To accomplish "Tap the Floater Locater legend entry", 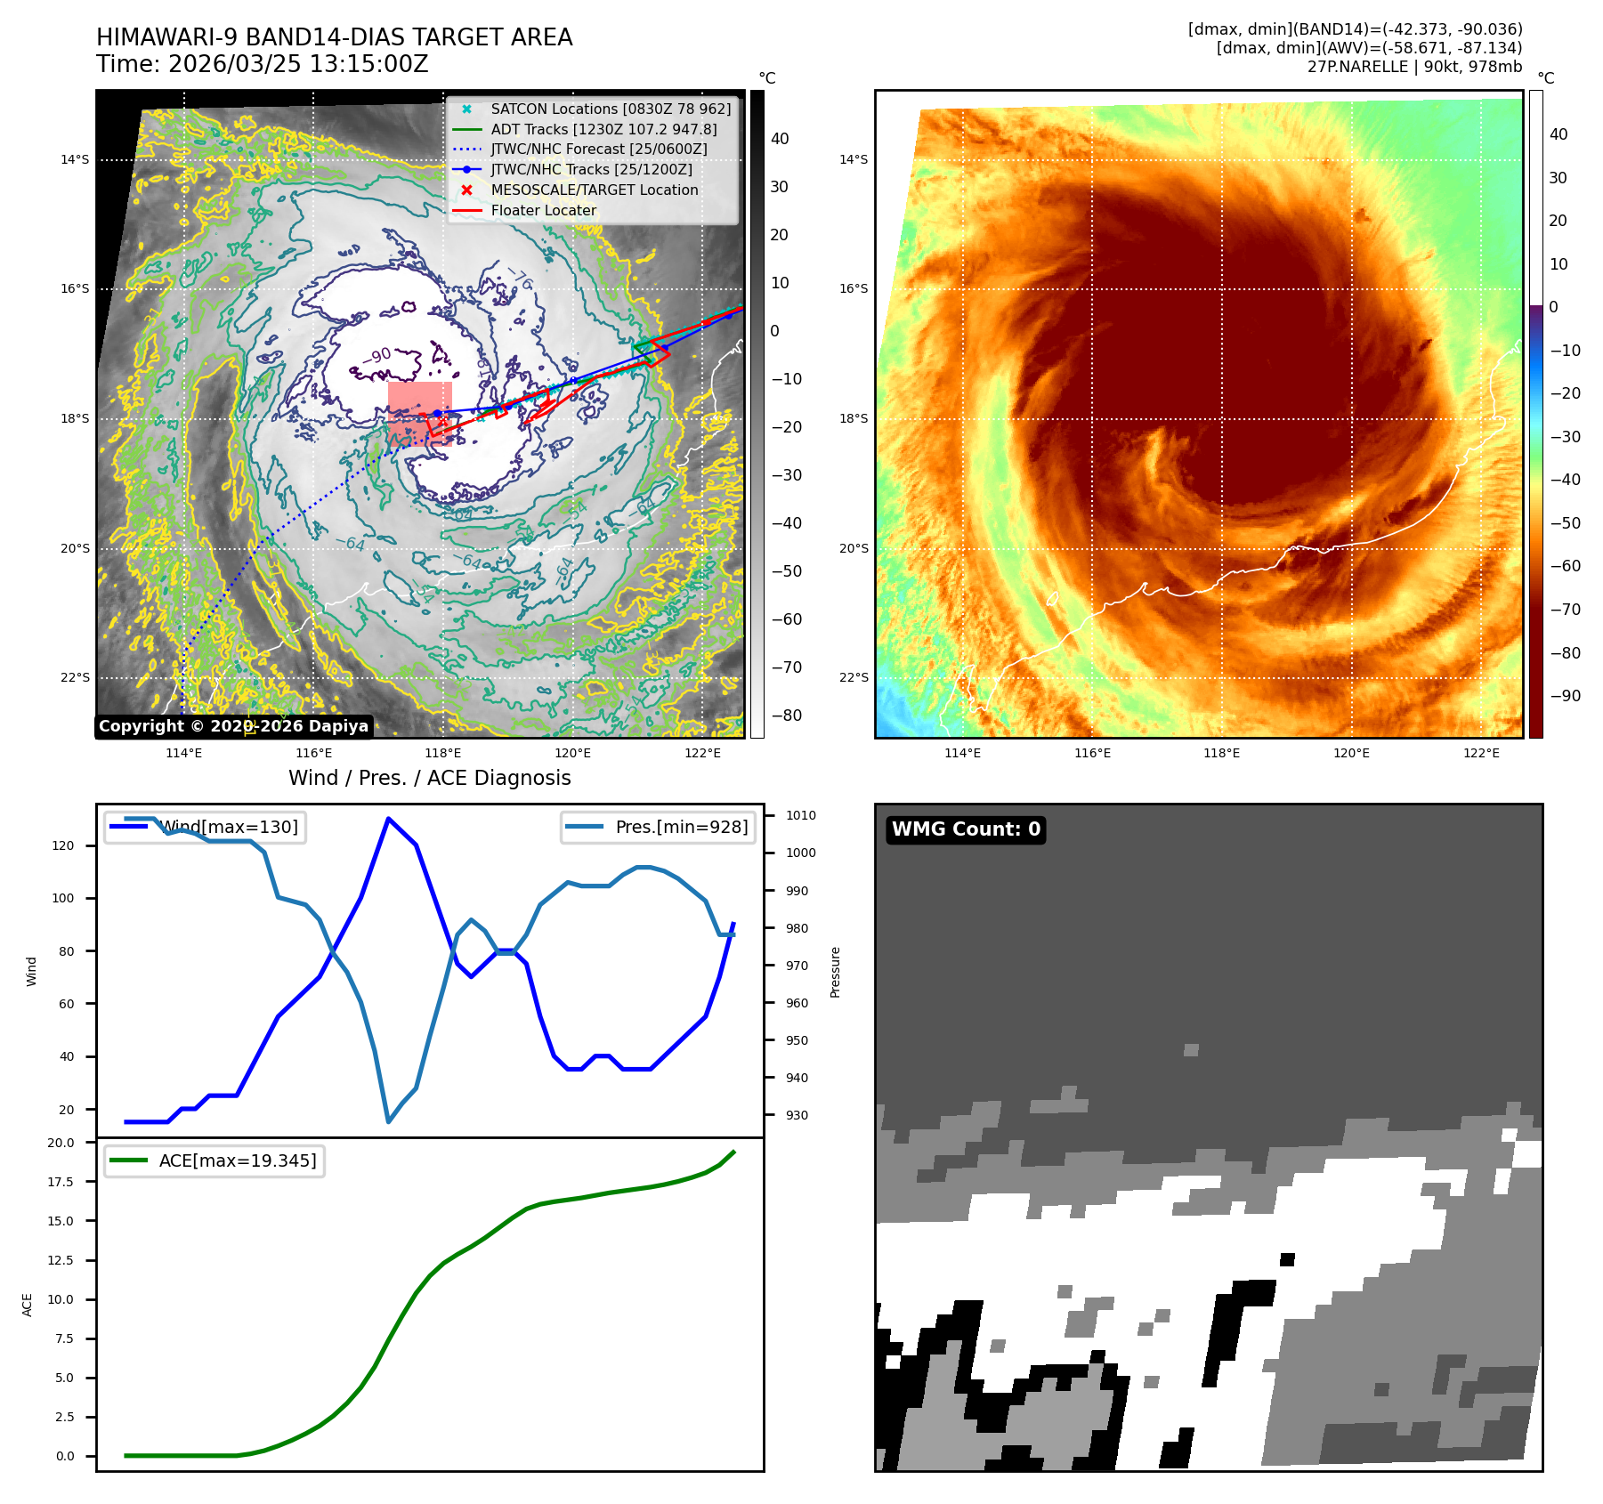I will tap(544, 210).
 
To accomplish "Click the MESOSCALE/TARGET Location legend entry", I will tap(595, 190).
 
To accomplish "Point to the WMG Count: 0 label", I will tap(966, 829).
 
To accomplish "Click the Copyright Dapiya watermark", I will tap(233, 726).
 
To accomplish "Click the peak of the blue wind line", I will tap(388, 818).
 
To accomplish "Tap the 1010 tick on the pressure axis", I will tap(801, 815).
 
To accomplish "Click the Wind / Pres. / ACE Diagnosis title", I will tap(429, 778).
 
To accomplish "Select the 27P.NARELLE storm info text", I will tap(1414, 67).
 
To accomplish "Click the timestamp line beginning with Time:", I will tap(263, 64).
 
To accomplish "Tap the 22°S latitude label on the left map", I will tap(75, 677).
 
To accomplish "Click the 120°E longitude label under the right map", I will tap(1351, 753).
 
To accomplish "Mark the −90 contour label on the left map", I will tap(379, 356).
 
